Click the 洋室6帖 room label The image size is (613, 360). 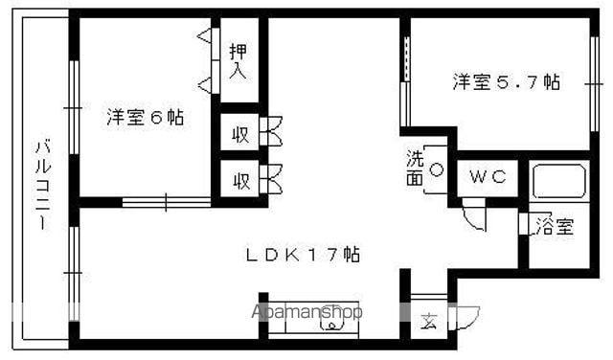coord(145,118)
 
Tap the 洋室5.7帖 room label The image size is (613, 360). coord(507,82)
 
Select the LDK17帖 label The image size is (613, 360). coord(302,256)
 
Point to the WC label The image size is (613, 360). coord(488,177)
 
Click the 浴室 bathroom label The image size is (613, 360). coord(555,228)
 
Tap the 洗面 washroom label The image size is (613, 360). coord(413,169)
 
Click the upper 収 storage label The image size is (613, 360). coord(240,134)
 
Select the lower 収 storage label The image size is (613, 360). coord(240,179)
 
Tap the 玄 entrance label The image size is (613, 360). coord(428,321)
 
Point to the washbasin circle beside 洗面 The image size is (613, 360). coord(436,170)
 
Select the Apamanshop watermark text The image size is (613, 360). coord(306,311)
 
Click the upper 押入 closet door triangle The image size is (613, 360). coord(204,37)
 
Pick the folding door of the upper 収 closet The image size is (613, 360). coord(271,132)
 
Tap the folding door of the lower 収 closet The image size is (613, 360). coord(271,177)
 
